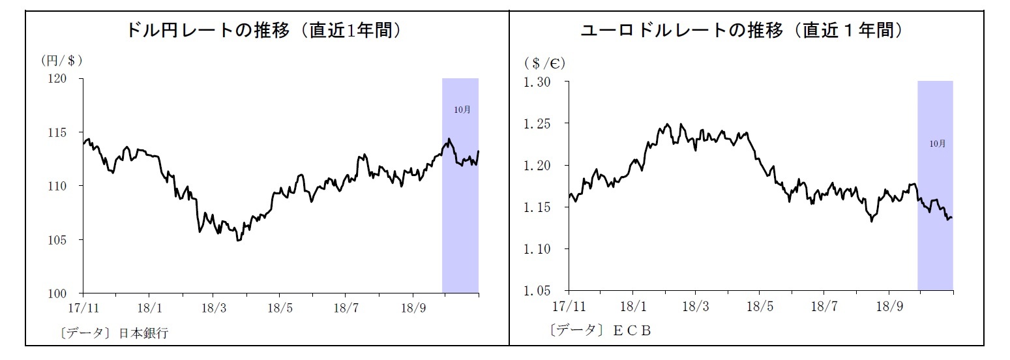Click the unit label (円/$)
click(x=61, y=61)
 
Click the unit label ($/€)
click(x=544, y=63)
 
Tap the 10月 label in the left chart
click(x=462, y=110)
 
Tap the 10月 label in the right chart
click(x=937, y=143)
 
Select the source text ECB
click(x=632, y=331)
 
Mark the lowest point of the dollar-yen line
click(x=239, y=241)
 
